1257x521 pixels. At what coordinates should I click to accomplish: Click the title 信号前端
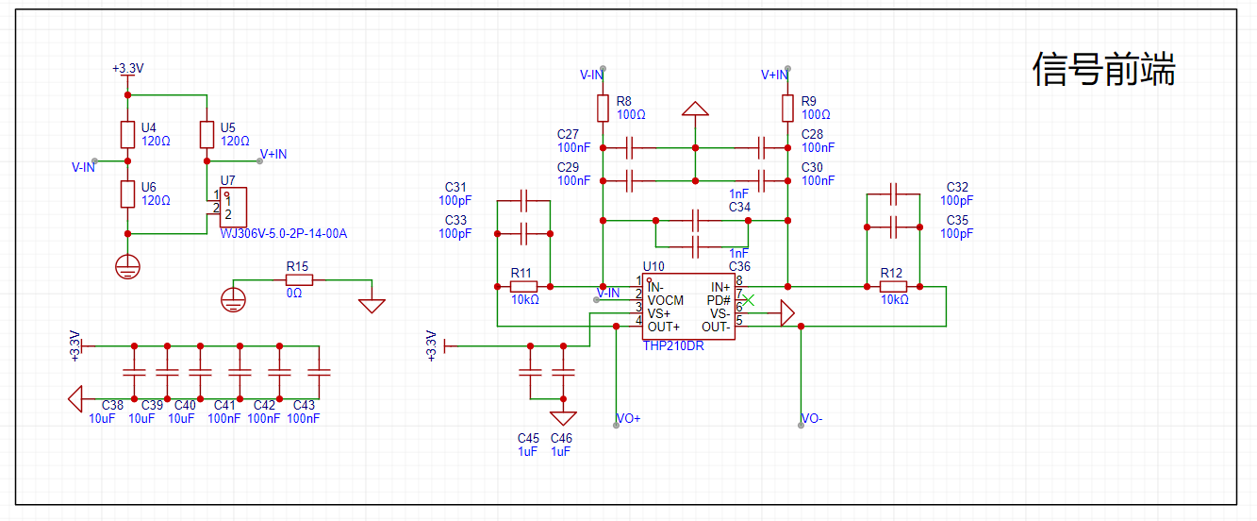(1103, 70)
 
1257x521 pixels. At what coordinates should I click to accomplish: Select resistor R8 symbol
(603, 109)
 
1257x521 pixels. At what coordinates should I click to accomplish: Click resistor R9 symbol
(788, 109)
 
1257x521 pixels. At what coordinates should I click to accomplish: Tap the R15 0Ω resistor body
(299, 279)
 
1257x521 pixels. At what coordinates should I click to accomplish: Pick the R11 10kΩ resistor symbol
(523, 287)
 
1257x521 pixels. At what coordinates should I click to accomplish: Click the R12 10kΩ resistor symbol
(893, 287)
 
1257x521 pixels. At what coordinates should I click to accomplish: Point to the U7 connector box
(233, 207)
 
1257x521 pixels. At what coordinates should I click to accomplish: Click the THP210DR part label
(673, 345)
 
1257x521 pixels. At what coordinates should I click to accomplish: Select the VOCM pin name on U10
(666, 300)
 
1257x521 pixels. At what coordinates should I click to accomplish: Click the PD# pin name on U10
(719, 300)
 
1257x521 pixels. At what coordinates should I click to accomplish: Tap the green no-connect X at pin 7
(749, 300)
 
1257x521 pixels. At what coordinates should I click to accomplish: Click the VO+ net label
(628, 418)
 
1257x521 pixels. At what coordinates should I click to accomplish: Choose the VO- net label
(812, 418)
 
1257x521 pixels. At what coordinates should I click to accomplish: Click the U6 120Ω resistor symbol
(128, 194)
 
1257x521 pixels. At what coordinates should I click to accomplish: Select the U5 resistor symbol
(207, 135)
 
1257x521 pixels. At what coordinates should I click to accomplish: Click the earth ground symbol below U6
(128, 267)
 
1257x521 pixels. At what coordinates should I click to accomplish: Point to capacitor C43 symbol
(320, 372)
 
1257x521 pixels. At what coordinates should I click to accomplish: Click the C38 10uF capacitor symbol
(134, 372)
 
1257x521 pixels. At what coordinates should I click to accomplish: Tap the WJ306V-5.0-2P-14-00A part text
(284, 233)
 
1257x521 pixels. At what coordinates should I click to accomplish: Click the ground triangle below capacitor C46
(563, 418)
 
